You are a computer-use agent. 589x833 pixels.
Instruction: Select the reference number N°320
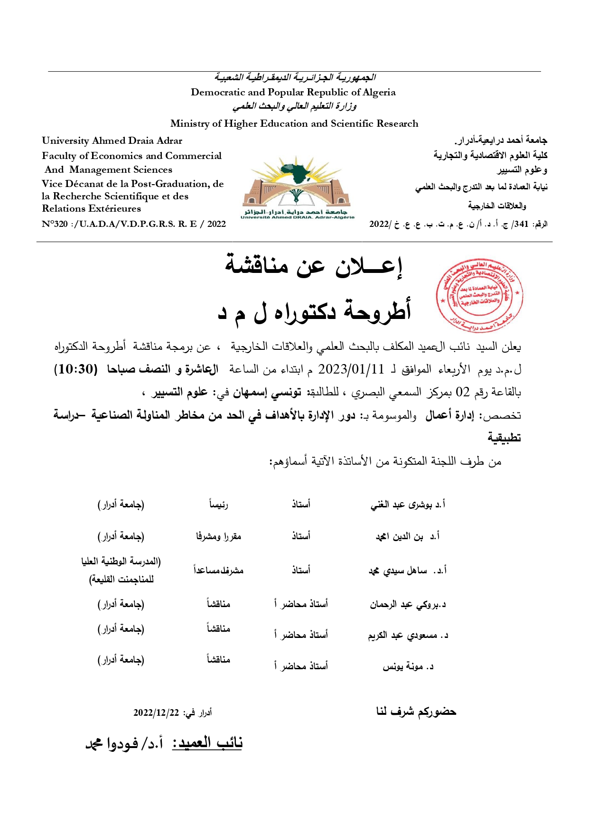pyautogui.click(x=55, y=224)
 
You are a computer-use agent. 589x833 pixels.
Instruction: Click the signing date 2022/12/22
pyautogui.click(x=156, y=712)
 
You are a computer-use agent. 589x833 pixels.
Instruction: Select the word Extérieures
pyautogui.click(x=115, y=208)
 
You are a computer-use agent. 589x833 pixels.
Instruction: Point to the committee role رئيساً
pyautogui.click(x=219, y=504)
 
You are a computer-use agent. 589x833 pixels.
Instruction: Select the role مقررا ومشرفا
pyautogui.click(x=219, y=536)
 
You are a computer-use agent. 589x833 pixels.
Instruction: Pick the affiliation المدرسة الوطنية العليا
pyautogui.click(x=122, y=562)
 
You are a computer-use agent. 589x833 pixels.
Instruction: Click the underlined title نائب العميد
pyautogui.click(x=207, y=743)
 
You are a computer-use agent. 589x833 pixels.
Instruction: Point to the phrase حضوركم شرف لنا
pyautogui.click(x=416, y=711)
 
